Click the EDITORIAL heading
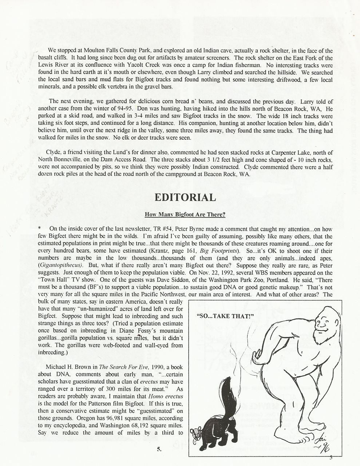(x=185, y=197)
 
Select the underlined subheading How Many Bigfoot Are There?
(x=185, y=214)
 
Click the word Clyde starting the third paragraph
(x=53, y=152)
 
